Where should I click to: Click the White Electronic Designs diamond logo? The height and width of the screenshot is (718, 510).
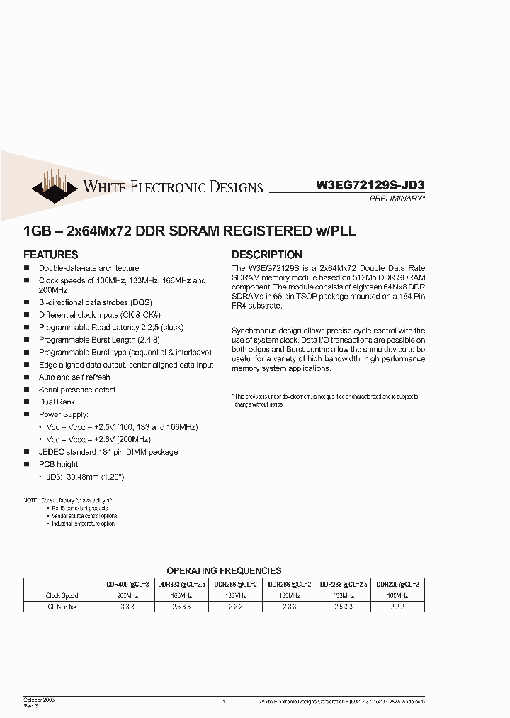pyautogui.click(x=54, y=184)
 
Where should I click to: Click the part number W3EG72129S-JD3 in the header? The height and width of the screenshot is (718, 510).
pyautogui.click(x=370, y=186)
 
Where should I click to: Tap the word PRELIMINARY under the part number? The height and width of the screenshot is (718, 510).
pyautogui.click(x=397, y=200)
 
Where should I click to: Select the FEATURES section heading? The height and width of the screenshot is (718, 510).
pyautogui.click(x=51, y=255)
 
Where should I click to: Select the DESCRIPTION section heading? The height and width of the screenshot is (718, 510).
pyautogui.click(x=267, y=255)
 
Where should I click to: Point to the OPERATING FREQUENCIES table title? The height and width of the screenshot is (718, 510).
pyautogui.click(x=224, y=570)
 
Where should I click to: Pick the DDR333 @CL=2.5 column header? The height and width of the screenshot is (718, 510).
pyautogui.click(x=181, y=584)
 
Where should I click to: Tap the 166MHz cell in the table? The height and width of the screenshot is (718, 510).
pyautogui.click(x=181, y=596)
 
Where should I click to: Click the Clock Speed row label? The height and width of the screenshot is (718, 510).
pyautogui.click(x=62, y=596)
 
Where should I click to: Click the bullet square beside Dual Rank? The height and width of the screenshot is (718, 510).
pyautogui.click(x=27, y=402)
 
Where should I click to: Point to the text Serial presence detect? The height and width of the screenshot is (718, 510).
pyautogui.click(x=77, y=390)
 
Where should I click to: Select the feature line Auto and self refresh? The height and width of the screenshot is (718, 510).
pyautogui.click(x=74, y=377)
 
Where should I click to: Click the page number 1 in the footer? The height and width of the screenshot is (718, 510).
pyautogui.click(x=224, y=701)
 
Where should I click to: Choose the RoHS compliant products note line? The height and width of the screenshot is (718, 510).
pyautogui.click(x=79, y=508)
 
